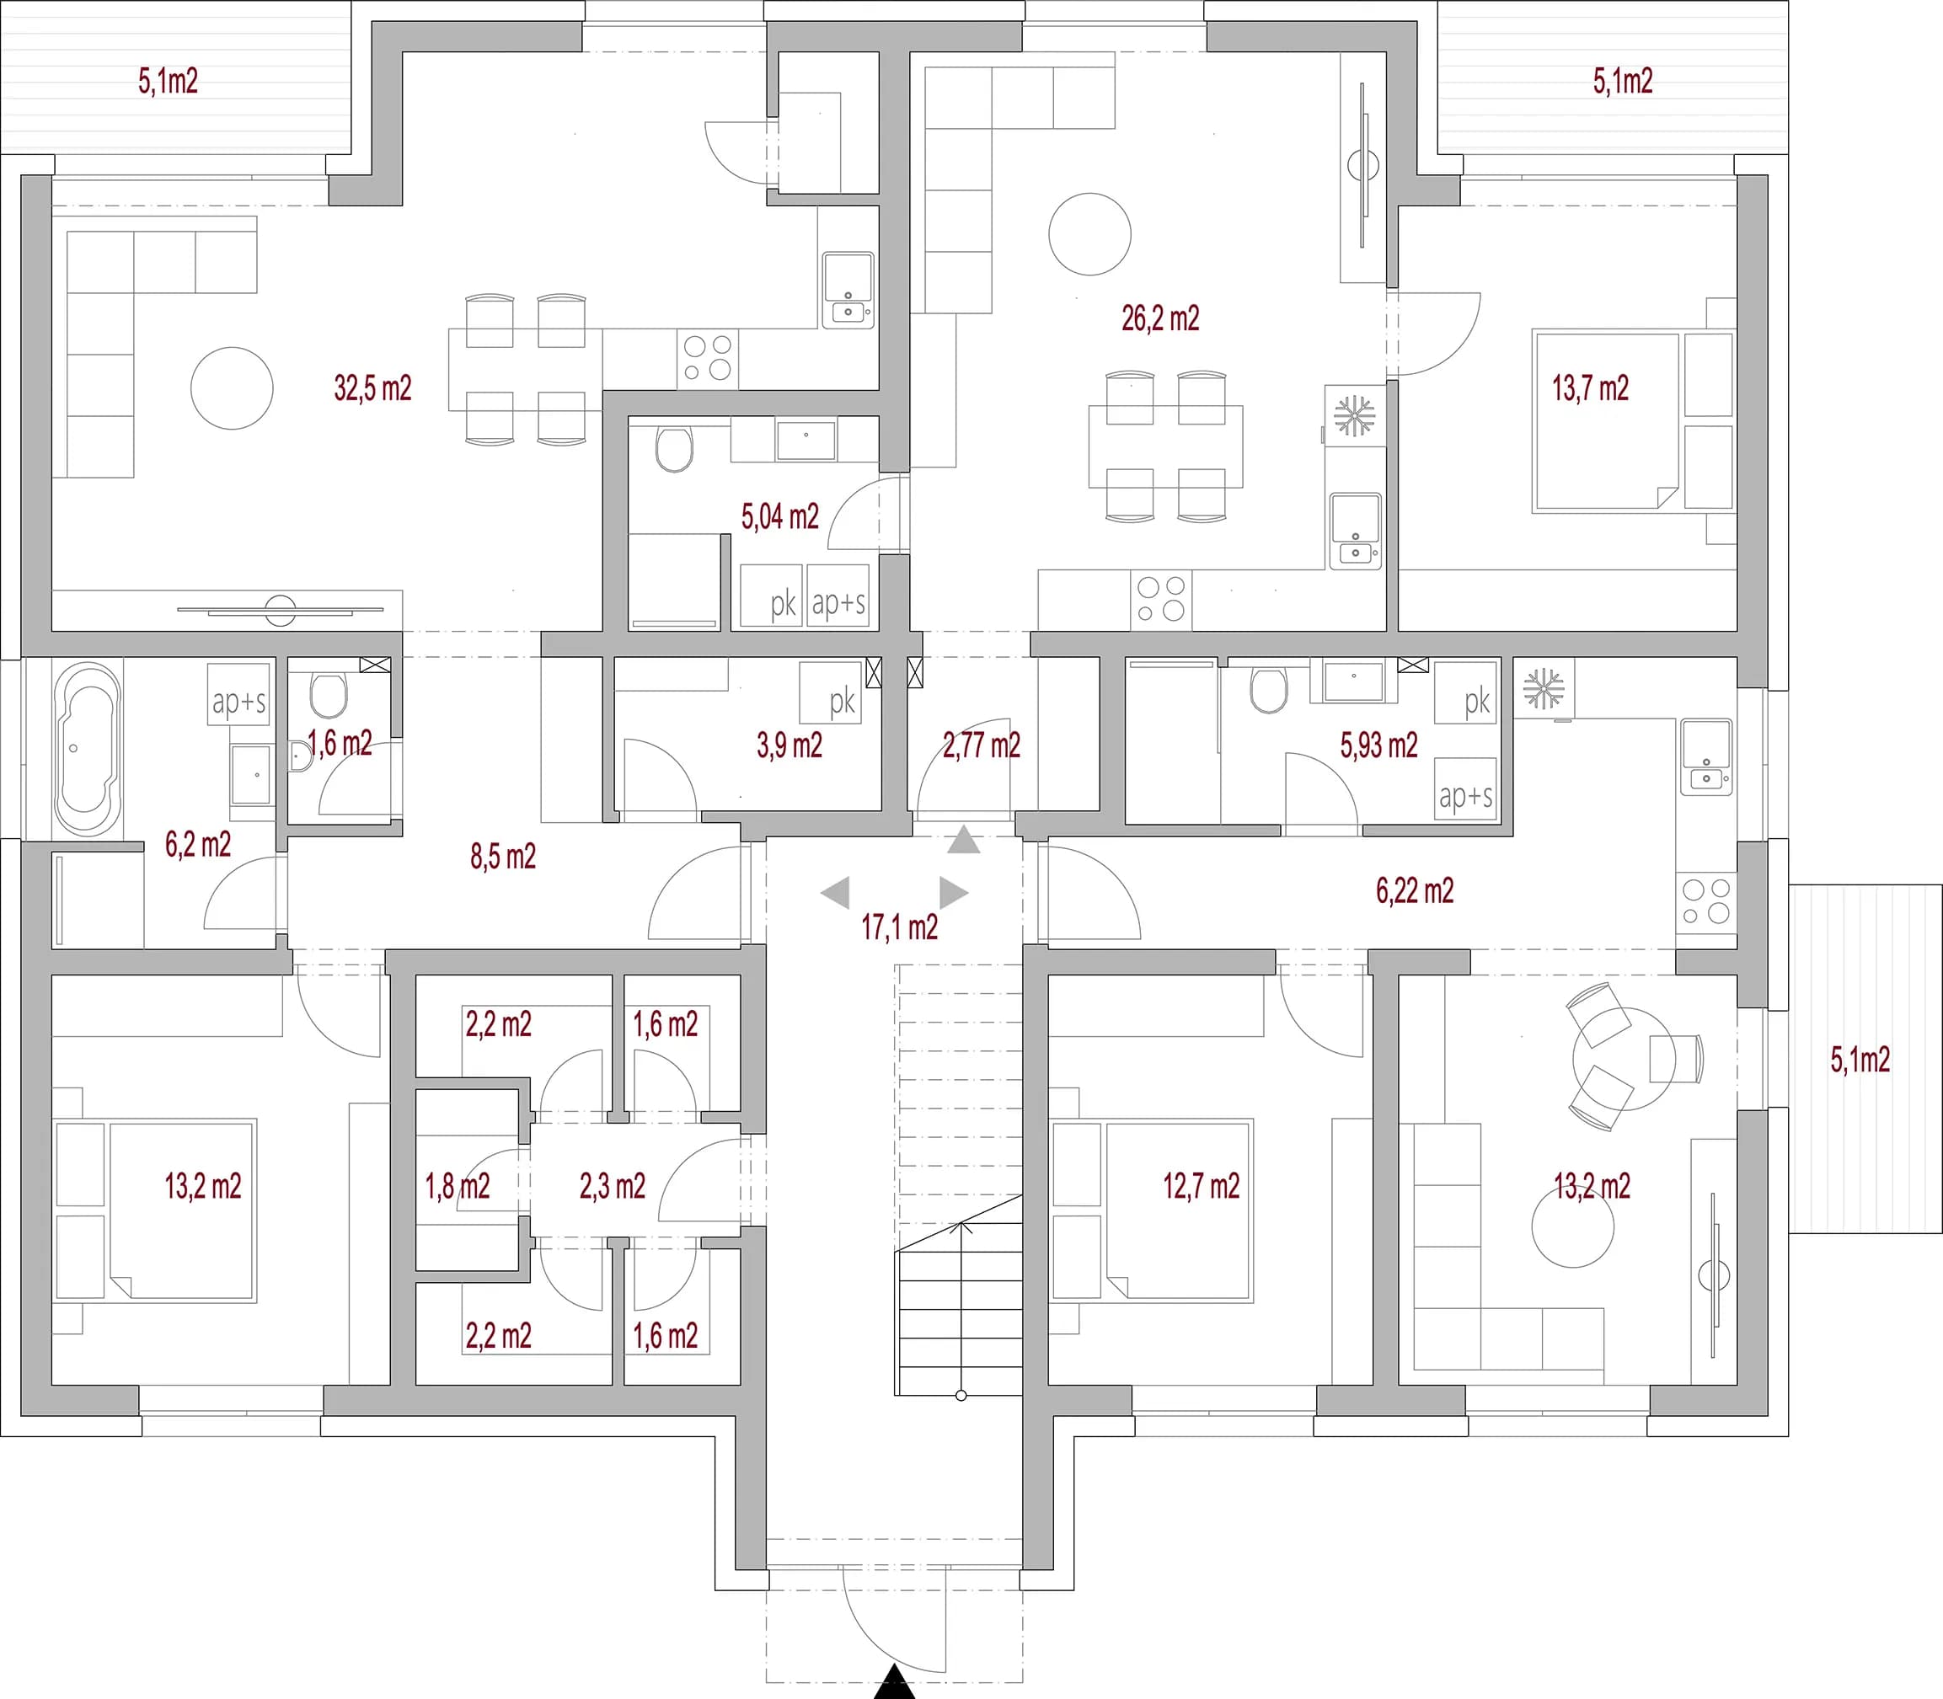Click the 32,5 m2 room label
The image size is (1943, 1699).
click(x=372, y=387)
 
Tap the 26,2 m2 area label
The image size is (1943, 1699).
click(x=1159, y=318)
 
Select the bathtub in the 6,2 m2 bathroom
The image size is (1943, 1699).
click(x=88, y=749)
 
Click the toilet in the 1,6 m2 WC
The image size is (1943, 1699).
click(x=328, y=695)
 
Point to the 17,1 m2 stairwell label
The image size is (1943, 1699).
click(x=899, y=927)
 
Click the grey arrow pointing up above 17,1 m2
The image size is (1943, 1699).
click(x=963, y=840)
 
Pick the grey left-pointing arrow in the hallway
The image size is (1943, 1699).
click(x=836, y=892)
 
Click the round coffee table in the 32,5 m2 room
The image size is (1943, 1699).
click(x=232, y=387)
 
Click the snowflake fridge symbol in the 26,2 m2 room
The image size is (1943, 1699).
click(x=1353, y=415)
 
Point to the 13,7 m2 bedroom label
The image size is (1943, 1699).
click(x=1590, y=387)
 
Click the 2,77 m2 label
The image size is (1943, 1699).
click(x=982, y=745)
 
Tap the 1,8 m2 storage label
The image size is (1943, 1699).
click(x=457, y=1186)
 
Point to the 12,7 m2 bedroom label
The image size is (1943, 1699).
click(x=1201, y=1186)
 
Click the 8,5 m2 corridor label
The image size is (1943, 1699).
click(x=502, y=858)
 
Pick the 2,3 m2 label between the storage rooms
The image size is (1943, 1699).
click(x=612, y=1186)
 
